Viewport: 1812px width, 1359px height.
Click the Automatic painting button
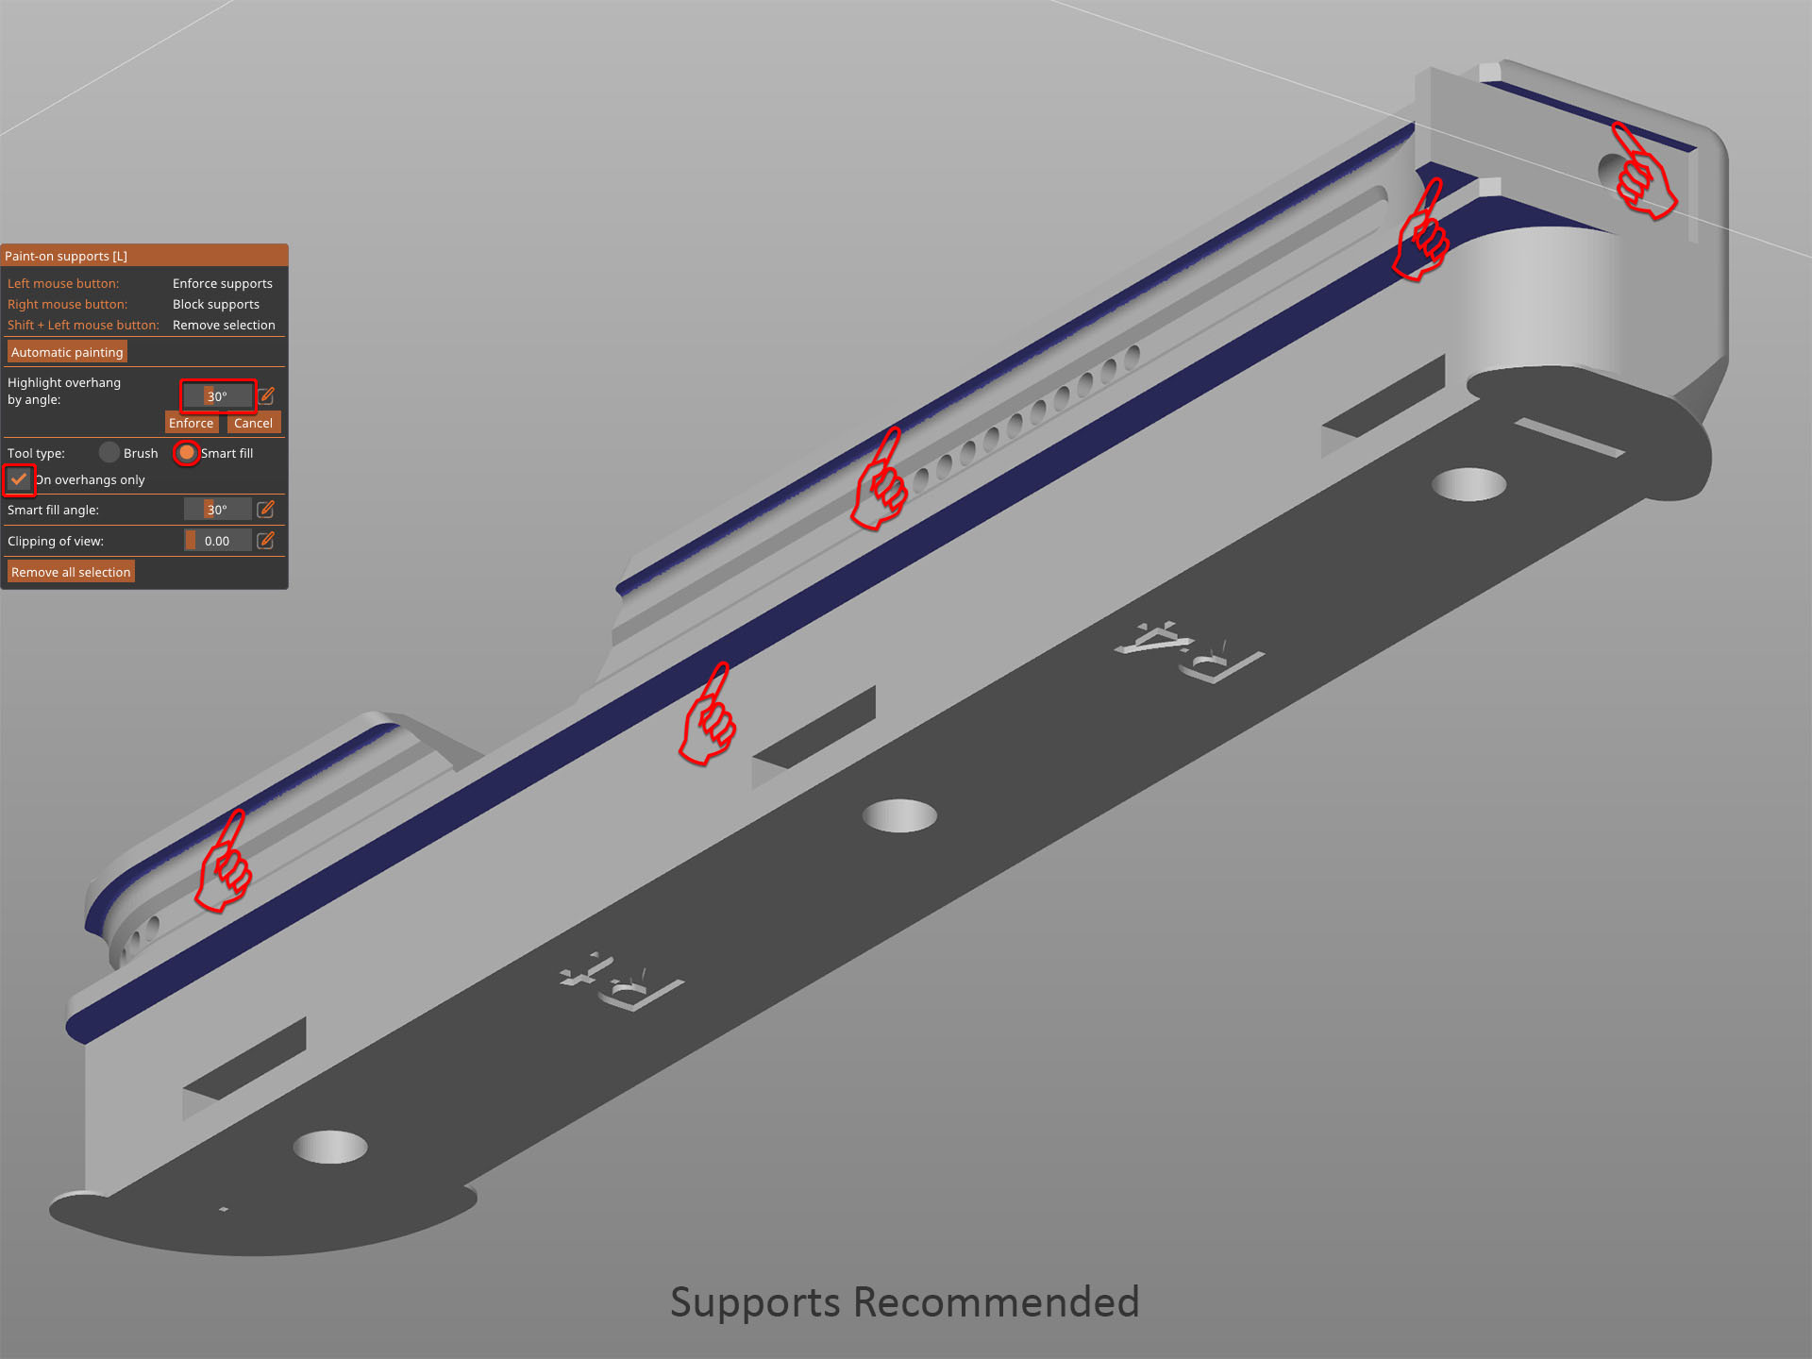tap(67, 352)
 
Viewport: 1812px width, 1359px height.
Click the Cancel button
tap(253, 423)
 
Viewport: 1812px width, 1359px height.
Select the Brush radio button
tap(109, 453)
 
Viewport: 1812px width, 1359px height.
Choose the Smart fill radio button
tap(187, 453)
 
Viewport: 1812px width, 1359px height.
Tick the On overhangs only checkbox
tap(19, 479)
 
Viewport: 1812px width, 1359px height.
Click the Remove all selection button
tap(71, 572)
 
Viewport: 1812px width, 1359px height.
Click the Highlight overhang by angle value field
tap(217, 395)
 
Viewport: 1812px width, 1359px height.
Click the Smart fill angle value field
tap(217, 510)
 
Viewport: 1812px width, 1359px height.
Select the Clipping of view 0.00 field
tap(217, 541)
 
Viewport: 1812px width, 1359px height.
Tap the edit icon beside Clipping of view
tap(266, 541)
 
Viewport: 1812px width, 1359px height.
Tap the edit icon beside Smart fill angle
tap(266, 510)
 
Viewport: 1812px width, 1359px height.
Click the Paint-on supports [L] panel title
tap(66, 256)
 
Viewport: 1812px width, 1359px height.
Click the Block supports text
tap(216, 304)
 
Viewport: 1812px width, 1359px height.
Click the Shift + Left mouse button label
tap(83, 325)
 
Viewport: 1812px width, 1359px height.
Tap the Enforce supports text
tap(223, 283)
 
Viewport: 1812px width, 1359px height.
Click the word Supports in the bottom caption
tap(755, 1302)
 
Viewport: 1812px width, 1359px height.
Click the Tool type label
tap(36, 453)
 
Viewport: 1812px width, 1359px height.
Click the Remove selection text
tap(224, 325)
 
